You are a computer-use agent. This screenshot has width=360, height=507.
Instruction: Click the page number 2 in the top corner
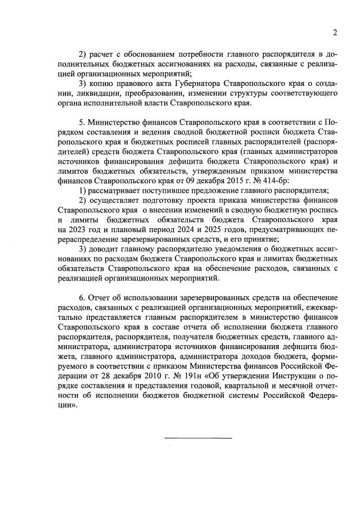334,32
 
